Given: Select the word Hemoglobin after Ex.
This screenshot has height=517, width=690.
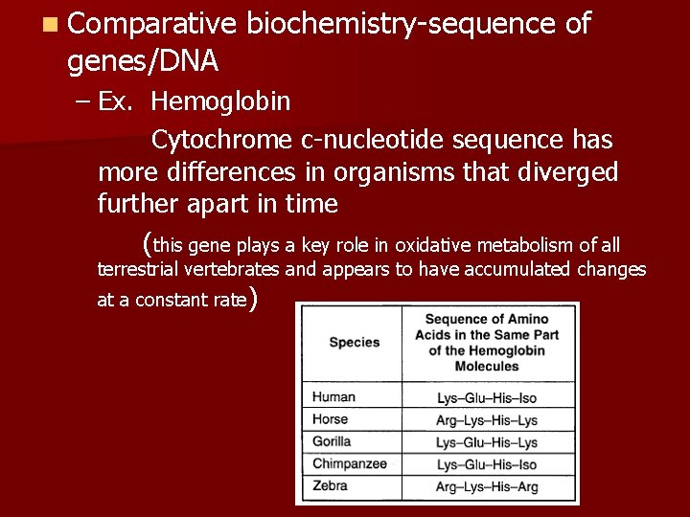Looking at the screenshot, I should [x=221, y=101].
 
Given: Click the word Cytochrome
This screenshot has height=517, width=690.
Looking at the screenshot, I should [x=223, y=140].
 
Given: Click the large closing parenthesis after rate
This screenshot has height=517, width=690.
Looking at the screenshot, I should [x=253, y=301].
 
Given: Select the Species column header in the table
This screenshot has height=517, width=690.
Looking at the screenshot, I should [x=354, y=342].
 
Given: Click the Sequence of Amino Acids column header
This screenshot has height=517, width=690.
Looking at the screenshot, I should [x=486, y=342].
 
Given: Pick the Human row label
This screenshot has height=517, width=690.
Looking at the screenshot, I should [x=333, y=397].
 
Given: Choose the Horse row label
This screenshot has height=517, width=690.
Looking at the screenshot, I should [x=332, y=419].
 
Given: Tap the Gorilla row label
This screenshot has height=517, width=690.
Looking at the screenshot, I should [x=332, y=441].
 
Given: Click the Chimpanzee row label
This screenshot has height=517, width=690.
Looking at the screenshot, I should [x=349, y=463].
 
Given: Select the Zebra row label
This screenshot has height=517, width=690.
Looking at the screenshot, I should [x=330, y=486].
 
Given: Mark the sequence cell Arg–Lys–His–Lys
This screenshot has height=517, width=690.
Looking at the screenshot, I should [x=486, y=420].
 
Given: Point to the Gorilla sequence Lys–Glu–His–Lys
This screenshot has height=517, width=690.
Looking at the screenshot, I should [x=486, y=442].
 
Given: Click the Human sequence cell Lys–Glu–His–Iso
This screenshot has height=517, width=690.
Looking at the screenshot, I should [x=486, y=398].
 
